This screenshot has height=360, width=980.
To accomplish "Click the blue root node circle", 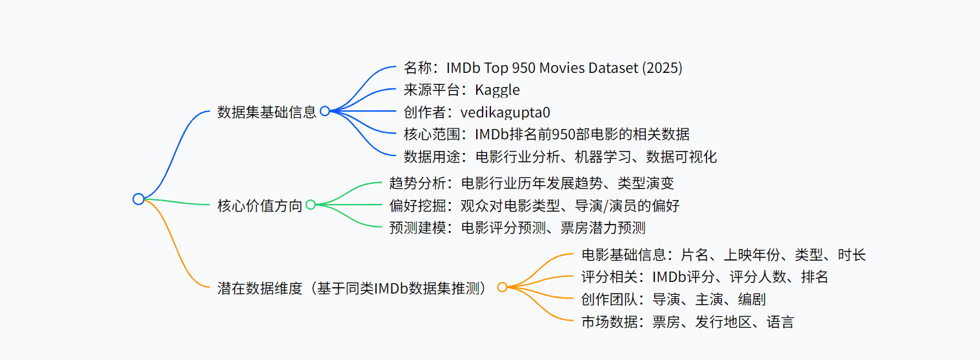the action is tap(138, 199).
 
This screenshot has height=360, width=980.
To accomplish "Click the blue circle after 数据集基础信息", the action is tap(325, 111).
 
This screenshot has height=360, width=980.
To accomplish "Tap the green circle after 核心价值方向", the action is tap(310, 205).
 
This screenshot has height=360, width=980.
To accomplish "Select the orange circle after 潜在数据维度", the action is tap(502, 287).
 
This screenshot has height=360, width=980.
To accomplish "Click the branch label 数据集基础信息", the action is tap(266, 112).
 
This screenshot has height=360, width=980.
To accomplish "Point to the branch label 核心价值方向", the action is tap(259, 206).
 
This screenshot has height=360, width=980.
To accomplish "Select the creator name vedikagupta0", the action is tap(505, 112).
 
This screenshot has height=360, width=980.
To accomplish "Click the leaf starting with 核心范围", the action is tap(546, 134).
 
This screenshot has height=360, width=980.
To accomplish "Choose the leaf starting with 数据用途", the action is tap(560, 156).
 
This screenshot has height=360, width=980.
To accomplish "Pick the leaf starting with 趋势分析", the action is tap(532, 183).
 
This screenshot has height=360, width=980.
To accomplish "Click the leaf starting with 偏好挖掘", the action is tap(534, 205).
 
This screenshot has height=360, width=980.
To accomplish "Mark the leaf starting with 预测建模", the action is tap(517, 228).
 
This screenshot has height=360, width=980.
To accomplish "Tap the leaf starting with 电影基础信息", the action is tap(723, 254).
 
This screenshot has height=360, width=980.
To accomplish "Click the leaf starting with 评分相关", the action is tap(705, 277).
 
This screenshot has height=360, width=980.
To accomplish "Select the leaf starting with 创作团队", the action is tap(673, 299).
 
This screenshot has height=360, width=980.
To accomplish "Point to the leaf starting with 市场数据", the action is tap(687, 322).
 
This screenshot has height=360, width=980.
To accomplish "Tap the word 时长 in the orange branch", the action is tap(852, 254).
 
